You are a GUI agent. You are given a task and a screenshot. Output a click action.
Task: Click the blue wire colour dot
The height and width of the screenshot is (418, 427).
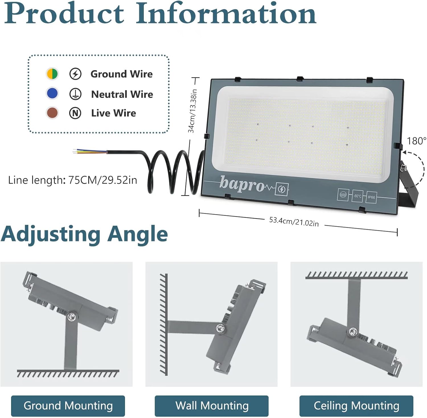(x=52, y=93)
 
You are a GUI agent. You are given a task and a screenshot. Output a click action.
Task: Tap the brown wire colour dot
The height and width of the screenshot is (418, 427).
(x=52, y=113)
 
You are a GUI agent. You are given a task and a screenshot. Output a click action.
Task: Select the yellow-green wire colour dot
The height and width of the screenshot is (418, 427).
(x=52, y=74)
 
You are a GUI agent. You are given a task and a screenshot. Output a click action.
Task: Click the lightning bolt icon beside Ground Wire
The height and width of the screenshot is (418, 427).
(x=75, y=74)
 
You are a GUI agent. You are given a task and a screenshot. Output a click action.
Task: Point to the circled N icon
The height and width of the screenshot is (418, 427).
(x=75, y=113)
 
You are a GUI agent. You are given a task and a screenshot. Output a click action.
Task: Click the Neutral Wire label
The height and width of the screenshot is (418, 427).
(x=122, y=94)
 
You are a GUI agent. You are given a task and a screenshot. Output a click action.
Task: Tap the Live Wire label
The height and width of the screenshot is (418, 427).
(x=114, y=113)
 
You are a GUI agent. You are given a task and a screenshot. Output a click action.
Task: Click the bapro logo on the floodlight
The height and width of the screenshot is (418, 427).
(x=242, y=184)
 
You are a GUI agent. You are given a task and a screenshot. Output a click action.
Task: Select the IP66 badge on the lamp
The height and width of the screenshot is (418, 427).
(x=371, y=197)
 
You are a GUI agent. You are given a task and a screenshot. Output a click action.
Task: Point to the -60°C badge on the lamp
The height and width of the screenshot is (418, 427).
(x=357, y=196)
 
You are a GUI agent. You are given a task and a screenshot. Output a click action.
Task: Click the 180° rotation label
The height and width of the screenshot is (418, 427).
(x=416, y=141)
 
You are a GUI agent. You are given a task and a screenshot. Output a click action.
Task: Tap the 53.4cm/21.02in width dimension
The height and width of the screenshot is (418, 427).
(x=294, y=222)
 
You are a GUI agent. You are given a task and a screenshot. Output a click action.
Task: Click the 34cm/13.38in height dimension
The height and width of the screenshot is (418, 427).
(x=192, y=111)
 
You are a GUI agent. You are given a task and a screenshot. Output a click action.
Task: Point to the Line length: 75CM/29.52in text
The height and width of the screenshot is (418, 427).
(x=73, y=180)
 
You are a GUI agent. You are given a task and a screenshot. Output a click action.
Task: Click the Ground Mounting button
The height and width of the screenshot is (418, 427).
(x=68, y=406)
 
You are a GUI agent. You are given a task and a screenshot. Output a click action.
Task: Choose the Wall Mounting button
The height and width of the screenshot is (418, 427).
(x=212, y=406)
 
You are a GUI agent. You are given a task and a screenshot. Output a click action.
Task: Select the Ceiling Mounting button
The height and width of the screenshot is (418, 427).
(x=356, y=406)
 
